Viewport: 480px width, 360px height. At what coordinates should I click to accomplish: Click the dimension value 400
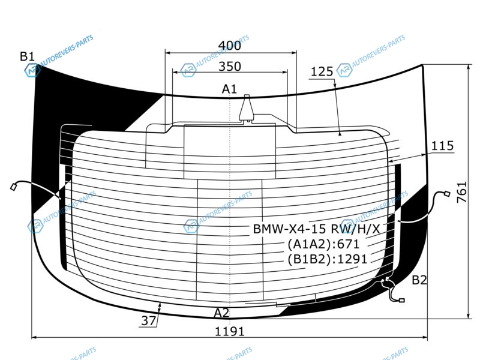point(230,46)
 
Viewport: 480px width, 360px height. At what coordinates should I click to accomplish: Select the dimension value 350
point(230,67)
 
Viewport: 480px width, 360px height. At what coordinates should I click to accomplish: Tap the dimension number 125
point(322,71)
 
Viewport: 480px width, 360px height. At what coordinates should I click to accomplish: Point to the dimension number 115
point(442,146)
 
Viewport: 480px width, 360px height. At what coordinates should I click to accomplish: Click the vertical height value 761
point(462,192)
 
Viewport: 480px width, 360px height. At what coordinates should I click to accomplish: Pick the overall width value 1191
point(230,332)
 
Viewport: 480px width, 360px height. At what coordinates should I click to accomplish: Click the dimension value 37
point(149,320)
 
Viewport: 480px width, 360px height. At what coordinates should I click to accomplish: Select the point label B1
point(27,56)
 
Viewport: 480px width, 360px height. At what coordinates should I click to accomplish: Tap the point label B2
point(419,280)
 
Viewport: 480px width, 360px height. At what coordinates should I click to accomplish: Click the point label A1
point(229,89)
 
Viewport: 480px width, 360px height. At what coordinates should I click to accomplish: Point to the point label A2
point(221,313)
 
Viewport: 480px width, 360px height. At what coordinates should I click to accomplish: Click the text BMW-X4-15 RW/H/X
point(316,229)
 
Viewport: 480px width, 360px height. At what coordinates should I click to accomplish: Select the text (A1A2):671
point(323,244)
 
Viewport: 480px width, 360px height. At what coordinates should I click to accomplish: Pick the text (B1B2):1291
point(327,259)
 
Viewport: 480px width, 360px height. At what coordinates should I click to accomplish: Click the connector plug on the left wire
point(14,187)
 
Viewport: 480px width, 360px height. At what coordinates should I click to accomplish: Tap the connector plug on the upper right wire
point(447,193)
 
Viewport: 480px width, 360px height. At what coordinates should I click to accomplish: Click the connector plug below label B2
point(401,301)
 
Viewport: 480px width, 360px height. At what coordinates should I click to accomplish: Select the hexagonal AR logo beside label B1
point(32,71)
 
